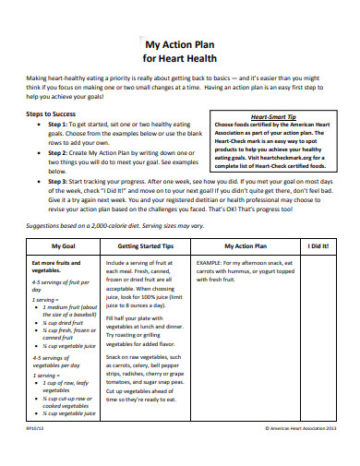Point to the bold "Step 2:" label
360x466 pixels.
click(x=61, y=149)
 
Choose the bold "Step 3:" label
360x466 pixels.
click(x=61, y=183)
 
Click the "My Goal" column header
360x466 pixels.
click(x=64, y=246)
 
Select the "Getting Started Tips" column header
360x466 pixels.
click(x=148, y=246)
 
